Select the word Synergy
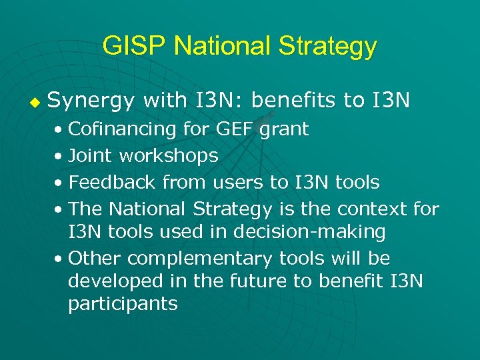tap(91, 101)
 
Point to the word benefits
tap(294, 101)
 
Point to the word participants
tap(123, 305)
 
